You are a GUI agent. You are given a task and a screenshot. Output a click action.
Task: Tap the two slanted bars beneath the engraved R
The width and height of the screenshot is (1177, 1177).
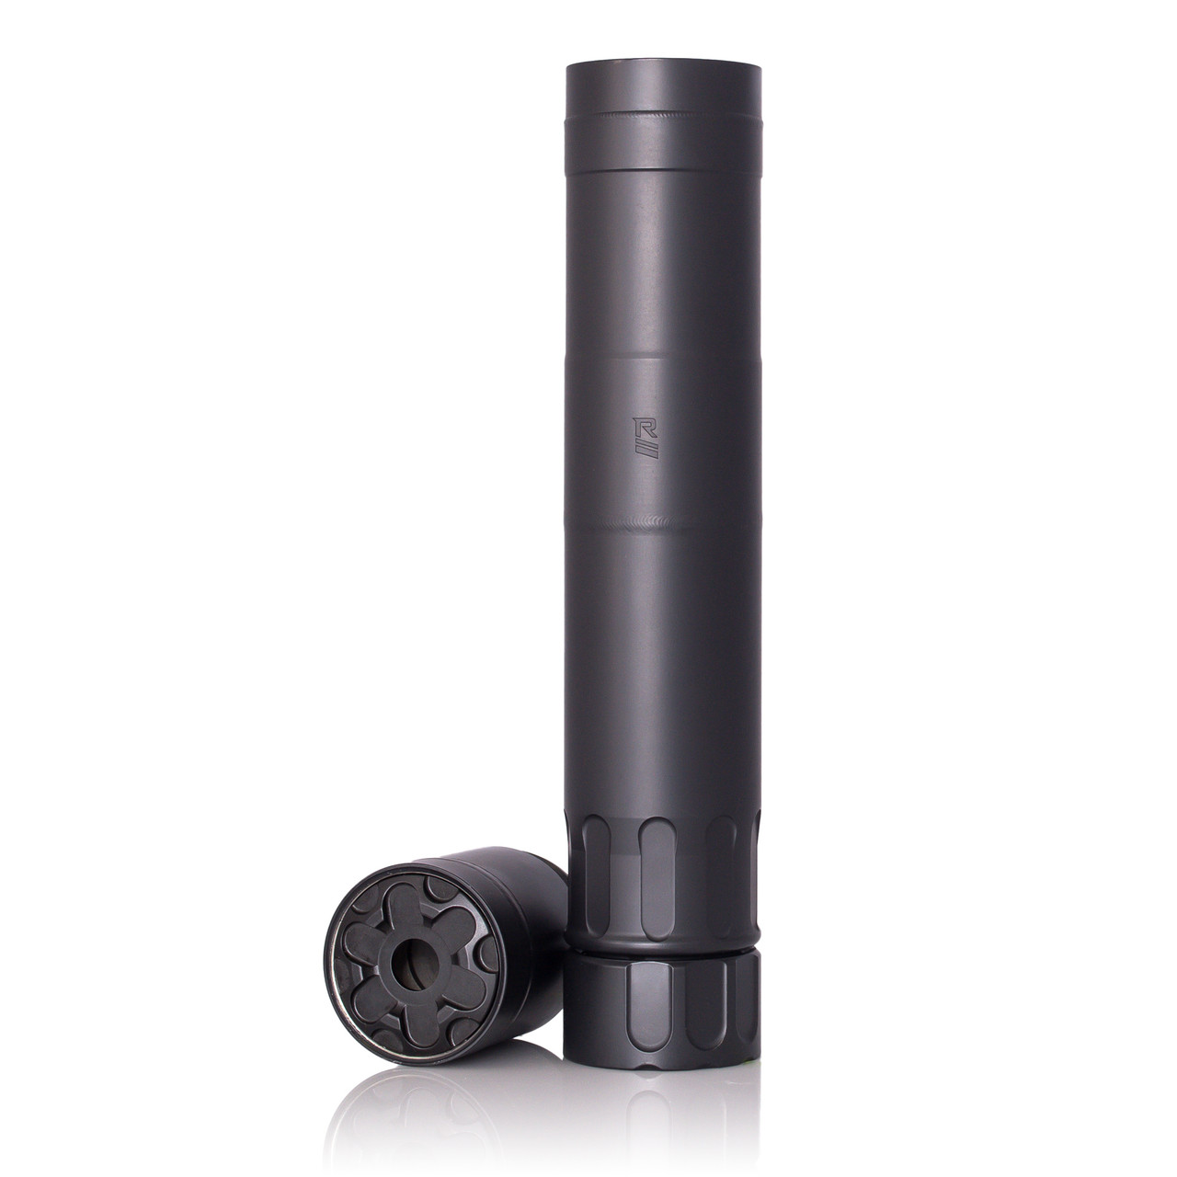click(x=646, y=451)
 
